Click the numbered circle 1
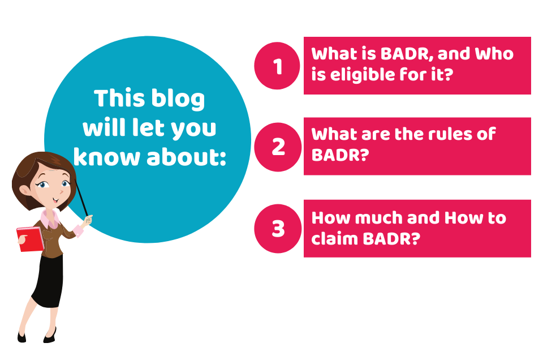coord(277,66)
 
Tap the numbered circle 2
coord(278,147)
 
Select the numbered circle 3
coord(278,229)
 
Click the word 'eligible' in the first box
coord(362,75)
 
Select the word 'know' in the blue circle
coord(107,157)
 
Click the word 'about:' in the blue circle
coord(186,157)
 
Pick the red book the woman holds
coord(30,239)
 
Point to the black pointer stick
coord(81,198)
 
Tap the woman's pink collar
coord(49,218)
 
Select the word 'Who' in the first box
coord(494,54)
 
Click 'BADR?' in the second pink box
coord(340,155)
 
